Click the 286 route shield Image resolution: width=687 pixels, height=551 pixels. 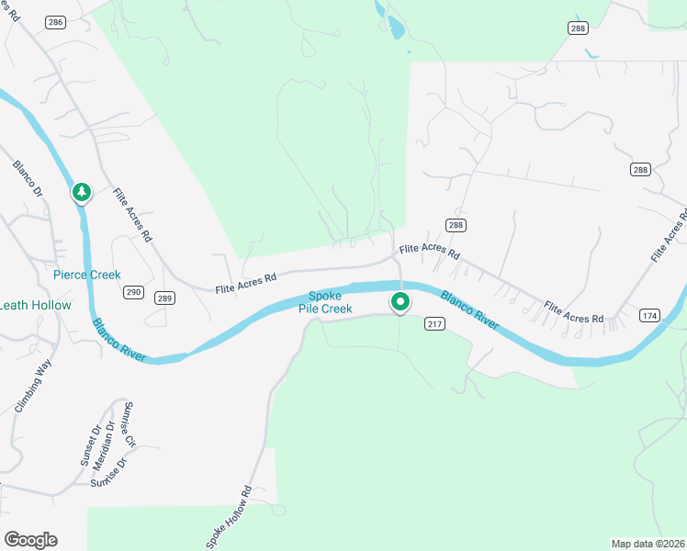(x=56, y=21)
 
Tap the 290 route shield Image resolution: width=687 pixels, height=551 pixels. (x=133, y=292)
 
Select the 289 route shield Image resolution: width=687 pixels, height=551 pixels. (x=164, y=298)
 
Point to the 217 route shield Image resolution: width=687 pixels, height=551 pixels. (x=435, y=323)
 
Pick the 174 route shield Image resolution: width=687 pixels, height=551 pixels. (x=650, y=316)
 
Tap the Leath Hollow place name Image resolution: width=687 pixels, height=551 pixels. (x=35, y=305)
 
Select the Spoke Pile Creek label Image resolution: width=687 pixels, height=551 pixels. (x=325, y=302)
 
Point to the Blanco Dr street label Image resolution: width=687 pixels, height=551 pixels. (x=28, y=179)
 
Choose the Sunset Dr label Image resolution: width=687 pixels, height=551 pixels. (x=89, y=446)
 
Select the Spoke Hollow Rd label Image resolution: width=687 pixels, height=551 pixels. (x=229, y=518)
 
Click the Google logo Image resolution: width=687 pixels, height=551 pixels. (x=30, y=540)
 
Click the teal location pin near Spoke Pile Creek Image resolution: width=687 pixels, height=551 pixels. (x=400, y=300)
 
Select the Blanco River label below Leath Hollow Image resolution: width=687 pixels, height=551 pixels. (x=119, y=340)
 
